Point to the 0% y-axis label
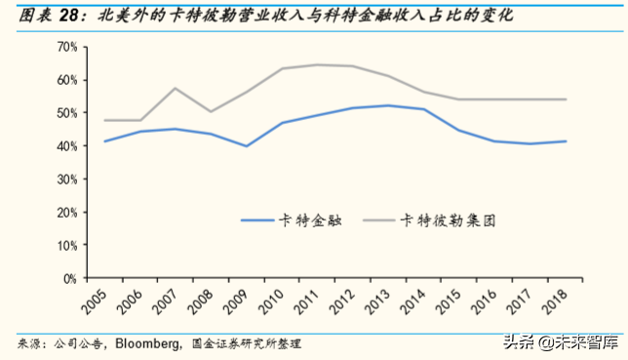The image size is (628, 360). pyautogui.click(x=67, y=278)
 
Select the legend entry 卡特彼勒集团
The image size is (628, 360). pyautogui.click(x=447, y=220)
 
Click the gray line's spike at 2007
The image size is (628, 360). pyautogui.click(x=175, y=89)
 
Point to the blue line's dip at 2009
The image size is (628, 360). pyautogui.click(x=246, y=146)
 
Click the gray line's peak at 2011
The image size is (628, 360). pyautogui.click(x=317, y=65)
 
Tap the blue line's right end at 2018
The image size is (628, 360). pyautogui.click(x=567, y=141)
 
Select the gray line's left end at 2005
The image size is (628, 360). pyautogui.click(x=103, y=120)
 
